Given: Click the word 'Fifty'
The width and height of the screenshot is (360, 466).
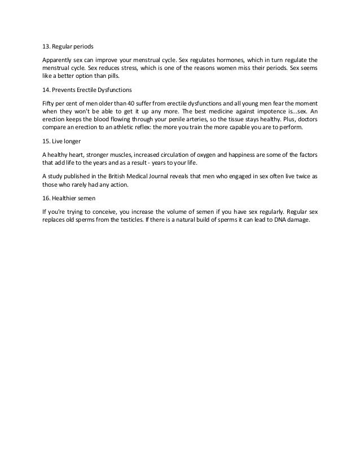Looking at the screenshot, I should tap(49, 103).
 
